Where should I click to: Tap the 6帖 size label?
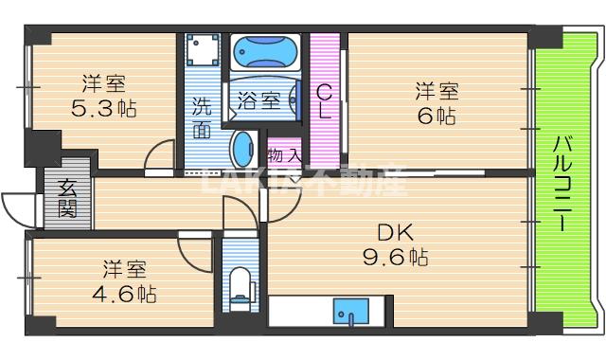click(x=437, y=116)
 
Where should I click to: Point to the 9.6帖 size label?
click(x=397, y=256)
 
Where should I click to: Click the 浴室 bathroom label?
click(x=258, y=99)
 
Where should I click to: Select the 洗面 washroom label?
click(x=202, y=118)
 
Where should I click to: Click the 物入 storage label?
click(x=283, y=153)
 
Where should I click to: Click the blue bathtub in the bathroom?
click(x=265, y=49)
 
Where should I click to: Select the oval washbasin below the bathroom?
click(x=243, y=151)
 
